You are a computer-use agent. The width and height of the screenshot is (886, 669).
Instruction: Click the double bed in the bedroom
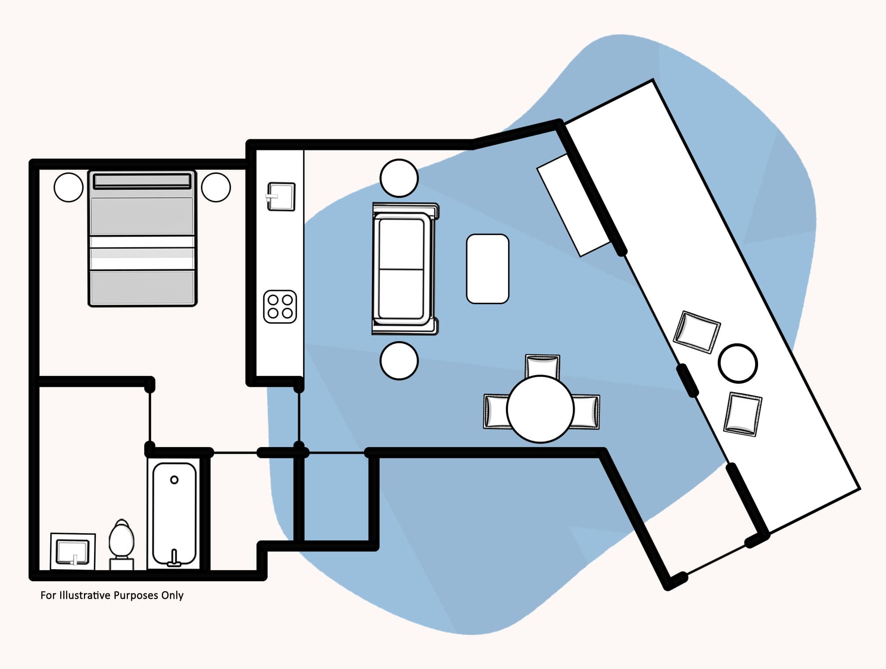(142, 239)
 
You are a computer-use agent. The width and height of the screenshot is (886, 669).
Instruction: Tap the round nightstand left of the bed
(69, 187)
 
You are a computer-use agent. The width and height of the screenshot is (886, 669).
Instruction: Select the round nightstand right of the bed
(216, 187)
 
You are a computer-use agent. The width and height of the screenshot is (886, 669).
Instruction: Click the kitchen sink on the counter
(281, 196)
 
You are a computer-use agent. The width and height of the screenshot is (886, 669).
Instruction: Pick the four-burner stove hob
(280, 306)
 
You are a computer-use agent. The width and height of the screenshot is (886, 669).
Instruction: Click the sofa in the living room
(404, 269)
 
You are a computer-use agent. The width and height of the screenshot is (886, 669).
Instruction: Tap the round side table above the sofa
(399, 178)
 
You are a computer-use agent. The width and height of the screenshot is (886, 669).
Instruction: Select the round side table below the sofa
(399, 360)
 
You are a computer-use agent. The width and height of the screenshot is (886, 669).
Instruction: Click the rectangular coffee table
(487, 269)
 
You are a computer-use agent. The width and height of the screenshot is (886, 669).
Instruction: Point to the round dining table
(540, 409)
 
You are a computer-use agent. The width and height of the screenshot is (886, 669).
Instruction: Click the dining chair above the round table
(542, 365)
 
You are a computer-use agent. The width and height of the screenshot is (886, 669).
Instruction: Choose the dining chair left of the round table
(496, 411)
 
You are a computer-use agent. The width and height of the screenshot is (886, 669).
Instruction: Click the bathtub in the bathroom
(174, 513)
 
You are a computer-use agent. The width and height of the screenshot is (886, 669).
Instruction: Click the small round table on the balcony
(738, 363)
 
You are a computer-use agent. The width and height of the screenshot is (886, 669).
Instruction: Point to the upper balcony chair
(697, 332)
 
